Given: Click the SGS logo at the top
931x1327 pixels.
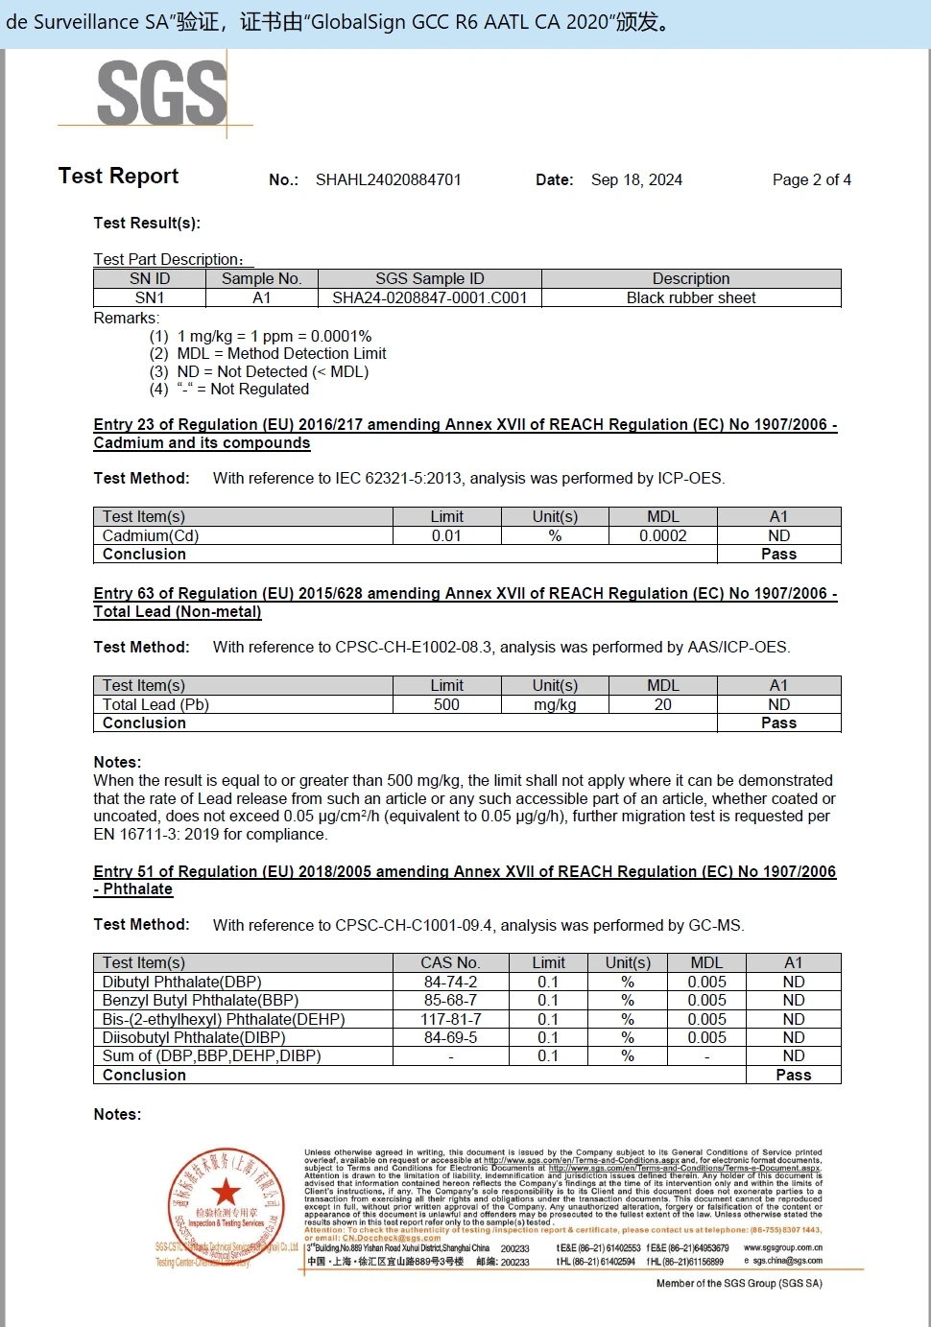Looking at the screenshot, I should (x=161, y=93).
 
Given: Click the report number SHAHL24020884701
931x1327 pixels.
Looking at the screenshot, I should (x=388, y=180).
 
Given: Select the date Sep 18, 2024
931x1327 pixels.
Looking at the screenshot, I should (x=636, y=180).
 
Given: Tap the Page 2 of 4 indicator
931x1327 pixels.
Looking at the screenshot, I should (x=811, y=180).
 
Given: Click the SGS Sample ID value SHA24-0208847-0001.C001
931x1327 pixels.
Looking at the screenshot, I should (x=429, y=298).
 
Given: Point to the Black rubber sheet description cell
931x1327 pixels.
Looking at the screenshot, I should (x=691, y=298).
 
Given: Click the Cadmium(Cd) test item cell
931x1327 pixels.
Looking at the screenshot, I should (x=151, y=536).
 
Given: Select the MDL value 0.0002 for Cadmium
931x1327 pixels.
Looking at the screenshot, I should (x=662, y=536).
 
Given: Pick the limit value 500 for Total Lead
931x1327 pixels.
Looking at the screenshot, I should (x=446, y=705).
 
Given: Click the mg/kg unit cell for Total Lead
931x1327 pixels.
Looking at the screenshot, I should (x=555, y=705).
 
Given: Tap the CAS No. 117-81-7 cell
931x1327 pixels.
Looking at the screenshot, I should (x=450, y=1020).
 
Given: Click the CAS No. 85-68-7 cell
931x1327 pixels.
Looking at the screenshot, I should (x=450, y=1001).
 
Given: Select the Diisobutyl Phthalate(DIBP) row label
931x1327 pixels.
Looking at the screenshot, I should (x=194, y=1038).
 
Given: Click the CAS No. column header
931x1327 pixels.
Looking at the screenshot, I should (x=450, y=963).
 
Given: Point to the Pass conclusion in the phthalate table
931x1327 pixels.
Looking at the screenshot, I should (x=793, y=1076).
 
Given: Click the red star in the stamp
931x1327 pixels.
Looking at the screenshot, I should (x=227, y=1192).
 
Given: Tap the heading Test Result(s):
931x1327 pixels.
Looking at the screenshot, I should (x=147, y=224).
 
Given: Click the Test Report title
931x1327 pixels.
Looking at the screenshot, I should (x=118, y=177).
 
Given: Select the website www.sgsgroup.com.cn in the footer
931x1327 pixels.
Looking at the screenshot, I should (x=782, y=1248).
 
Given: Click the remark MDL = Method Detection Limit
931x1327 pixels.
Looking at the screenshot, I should (x=281, y=354).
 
